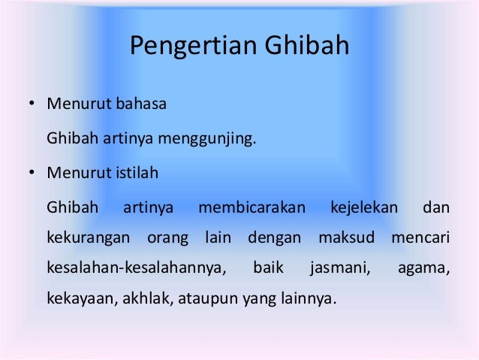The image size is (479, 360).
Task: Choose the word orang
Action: click(164, 240)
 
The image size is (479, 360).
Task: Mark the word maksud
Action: click(346, 240)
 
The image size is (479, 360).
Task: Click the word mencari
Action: click(420, 240)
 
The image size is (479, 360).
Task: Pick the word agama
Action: click(423, 268)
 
